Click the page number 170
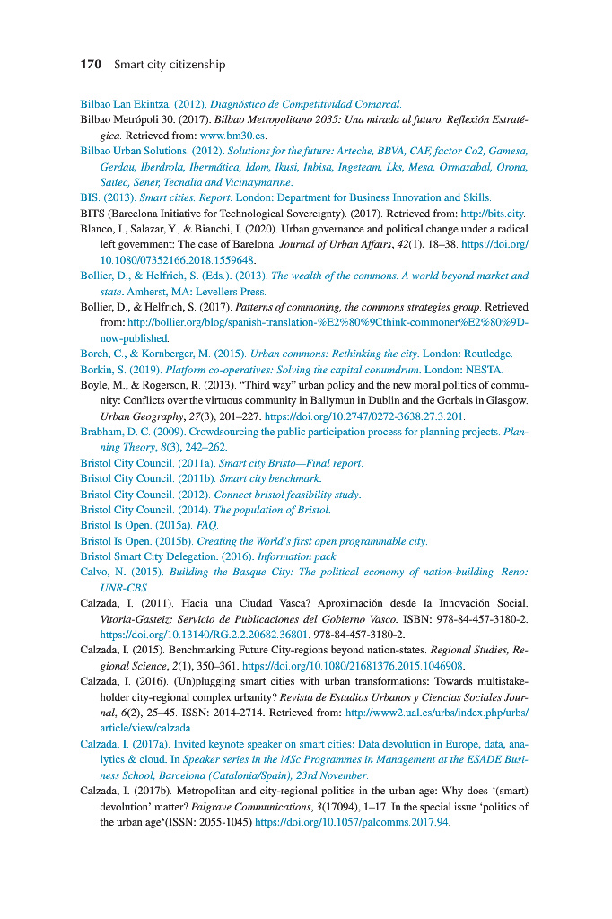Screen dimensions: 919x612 pos(90,65)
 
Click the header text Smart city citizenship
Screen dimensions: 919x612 pos(170,65)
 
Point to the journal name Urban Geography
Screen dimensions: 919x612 pos(138,416)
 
